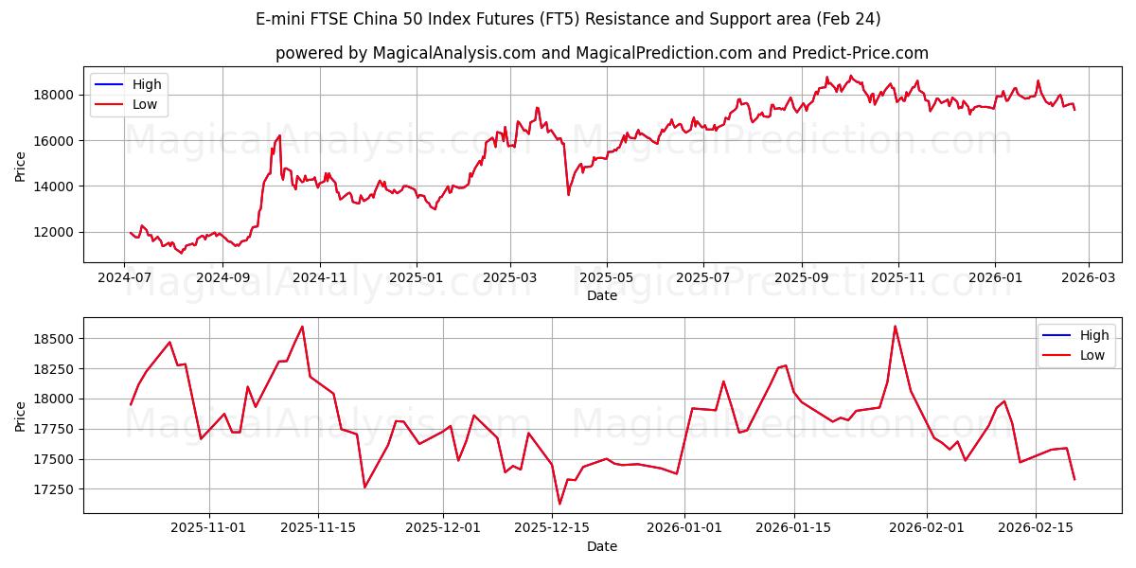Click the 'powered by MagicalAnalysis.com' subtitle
click(x=602, y=53)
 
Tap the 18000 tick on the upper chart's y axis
click(x=56, y=95)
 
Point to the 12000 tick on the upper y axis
click(x=56, y=232)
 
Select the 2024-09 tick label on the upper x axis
click(x=222, y=278)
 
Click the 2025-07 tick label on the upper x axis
click(x=702, y=278)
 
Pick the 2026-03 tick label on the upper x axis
click(x=1088, y=278)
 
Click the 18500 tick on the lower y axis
click(x=56, y=338)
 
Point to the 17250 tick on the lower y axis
click(x=56, y=489)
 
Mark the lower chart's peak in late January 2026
click(x=895, y=327)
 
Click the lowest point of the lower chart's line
click(x=559, y=504)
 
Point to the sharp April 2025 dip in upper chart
click(x=568, y=195)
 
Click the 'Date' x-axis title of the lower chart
click(x=602, y=546)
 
